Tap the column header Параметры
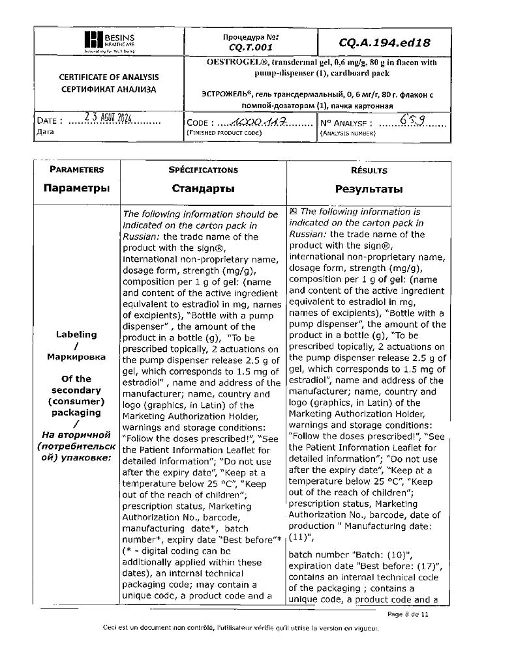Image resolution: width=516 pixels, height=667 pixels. [x=76, y=189]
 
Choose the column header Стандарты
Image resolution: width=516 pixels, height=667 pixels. [x=203, y=189]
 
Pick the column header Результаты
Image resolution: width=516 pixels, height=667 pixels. [x=369, y=190]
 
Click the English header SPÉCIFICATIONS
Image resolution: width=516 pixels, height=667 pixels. [x=203, y=170]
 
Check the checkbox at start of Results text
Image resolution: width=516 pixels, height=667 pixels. [x=293, y=211]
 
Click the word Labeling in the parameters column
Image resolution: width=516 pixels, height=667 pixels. [x=76, y=334]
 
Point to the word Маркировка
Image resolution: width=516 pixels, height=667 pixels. [x=76, y=357]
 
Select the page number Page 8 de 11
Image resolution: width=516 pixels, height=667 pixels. [x=408, y=614]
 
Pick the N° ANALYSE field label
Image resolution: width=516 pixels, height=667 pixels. [x=346, y=122]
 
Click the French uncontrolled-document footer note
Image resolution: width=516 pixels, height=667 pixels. [x=241, y=628]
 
